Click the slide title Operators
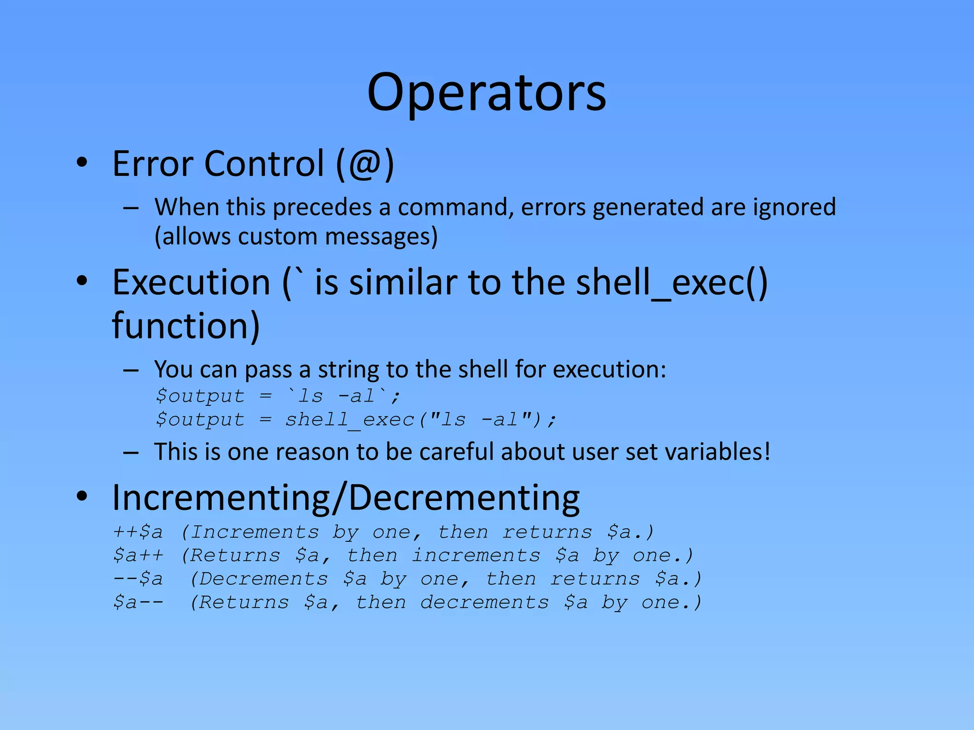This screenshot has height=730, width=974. (x=487, y=93)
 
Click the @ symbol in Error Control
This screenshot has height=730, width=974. (x=364, y=164)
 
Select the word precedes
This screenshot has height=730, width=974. (x=322, y=208)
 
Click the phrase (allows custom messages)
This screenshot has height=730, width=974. (x=296, y=237)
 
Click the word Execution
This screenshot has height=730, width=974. (x=191, y=283)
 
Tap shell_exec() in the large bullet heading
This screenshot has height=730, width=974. (x=672, y=283)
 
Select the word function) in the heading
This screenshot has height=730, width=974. (x=186, y=326)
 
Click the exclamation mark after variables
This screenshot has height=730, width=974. (x=766, y=451)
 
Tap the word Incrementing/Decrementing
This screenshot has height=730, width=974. (x=346, y=498)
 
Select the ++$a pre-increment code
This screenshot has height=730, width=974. (x=138, y=532)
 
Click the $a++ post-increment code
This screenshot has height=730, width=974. (x=138, y=555)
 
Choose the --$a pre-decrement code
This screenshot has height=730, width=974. (x=138, y=579)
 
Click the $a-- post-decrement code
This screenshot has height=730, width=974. (x=138, y=602)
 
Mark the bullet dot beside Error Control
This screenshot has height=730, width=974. (x=82, y=163)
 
